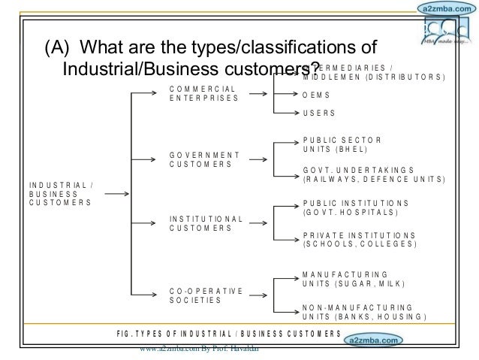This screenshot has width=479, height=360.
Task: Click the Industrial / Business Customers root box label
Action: (59, 194)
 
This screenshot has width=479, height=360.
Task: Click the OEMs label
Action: (316, 95)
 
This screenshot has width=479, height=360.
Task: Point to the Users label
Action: (318, 113)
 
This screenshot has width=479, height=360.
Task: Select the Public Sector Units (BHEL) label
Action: (342, 145)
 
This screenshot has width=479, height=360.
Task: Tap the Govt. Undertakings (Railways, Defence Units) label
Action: (373, 175)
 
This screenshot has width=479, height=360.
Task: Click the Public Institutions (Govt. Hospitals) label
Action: (355, 208)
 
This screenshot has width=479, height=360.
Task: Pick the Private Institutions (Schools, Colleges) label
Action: (358, 240)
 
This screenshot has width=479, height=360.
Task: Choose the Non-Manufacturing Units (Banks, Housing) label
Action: (364, 312)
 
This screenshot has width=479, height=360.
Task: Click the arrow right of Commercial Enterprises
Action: (258, 95)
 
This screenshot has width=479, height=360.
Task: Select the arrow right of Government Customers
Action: (258, 159)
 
